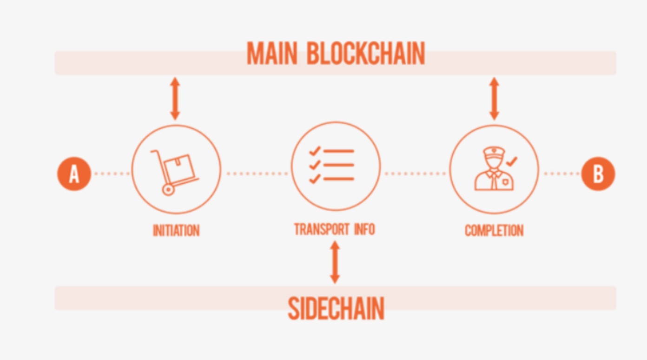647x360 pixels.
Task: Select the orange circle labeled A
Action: [x=74, y=174]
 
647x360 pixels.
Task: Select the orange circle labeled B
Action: [x=598, y=174]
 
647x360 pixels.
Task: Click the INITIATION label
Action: [x=176, y=230]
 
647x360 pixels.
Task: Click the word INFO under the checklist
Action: [x=363, y=229]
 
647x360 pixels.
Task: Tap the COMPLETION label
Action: [x=494, y=230]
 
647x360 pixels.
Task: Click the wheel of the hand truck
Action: [x=167, y=189]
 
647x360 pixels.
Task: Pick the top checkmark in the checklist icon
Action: [x=315, y=151]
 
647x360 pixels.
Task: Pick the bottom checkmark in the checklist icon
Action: [x=315, y=179]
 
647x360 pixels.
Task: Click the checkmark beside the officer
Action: [x=512, y=162]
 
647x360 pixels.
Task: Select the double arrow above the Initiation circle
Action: [x=175, y=99]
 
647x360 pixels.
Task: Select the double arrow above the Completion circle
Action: [x=494, y=99]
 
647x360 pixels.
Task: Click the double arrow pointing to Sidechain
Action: [x=335, y=262]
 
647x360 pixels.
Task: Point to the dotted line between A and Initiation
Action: [x=112, y=174]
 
